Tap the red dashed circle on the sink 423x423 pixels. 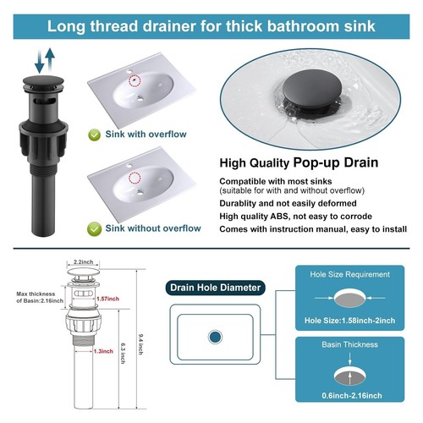[134, 80]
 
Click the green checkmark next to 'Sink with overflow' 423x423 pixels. [96, 135]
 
